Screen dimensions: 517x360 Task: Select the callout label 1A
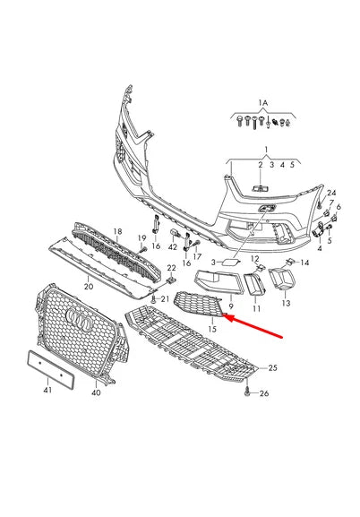pyautogui.click(x=262, y=102)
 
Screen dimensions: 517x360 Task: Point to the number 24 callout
pyautogui.click(x=330, y=194)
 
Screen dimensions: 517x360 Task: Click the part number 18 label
pyautogui.click(x=117, y=231)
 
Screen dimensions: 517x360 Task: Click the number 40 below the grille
pyautogui.click(x=97, y=392)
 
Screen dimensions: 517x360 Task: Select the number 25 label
pyautogui.click(x=273, y=367)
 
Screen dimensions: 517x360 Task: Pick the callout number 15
pyautogui.click(x=212, y=331)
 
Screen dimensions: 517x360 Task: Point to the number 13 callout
pyautogui.click(x=286, y=303)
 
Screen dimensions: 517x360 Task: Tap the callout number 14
pyautogui.click(x=304, y=263)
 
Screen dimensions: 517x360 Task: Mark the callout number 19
pyautogui.click(x=141, y=237)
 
